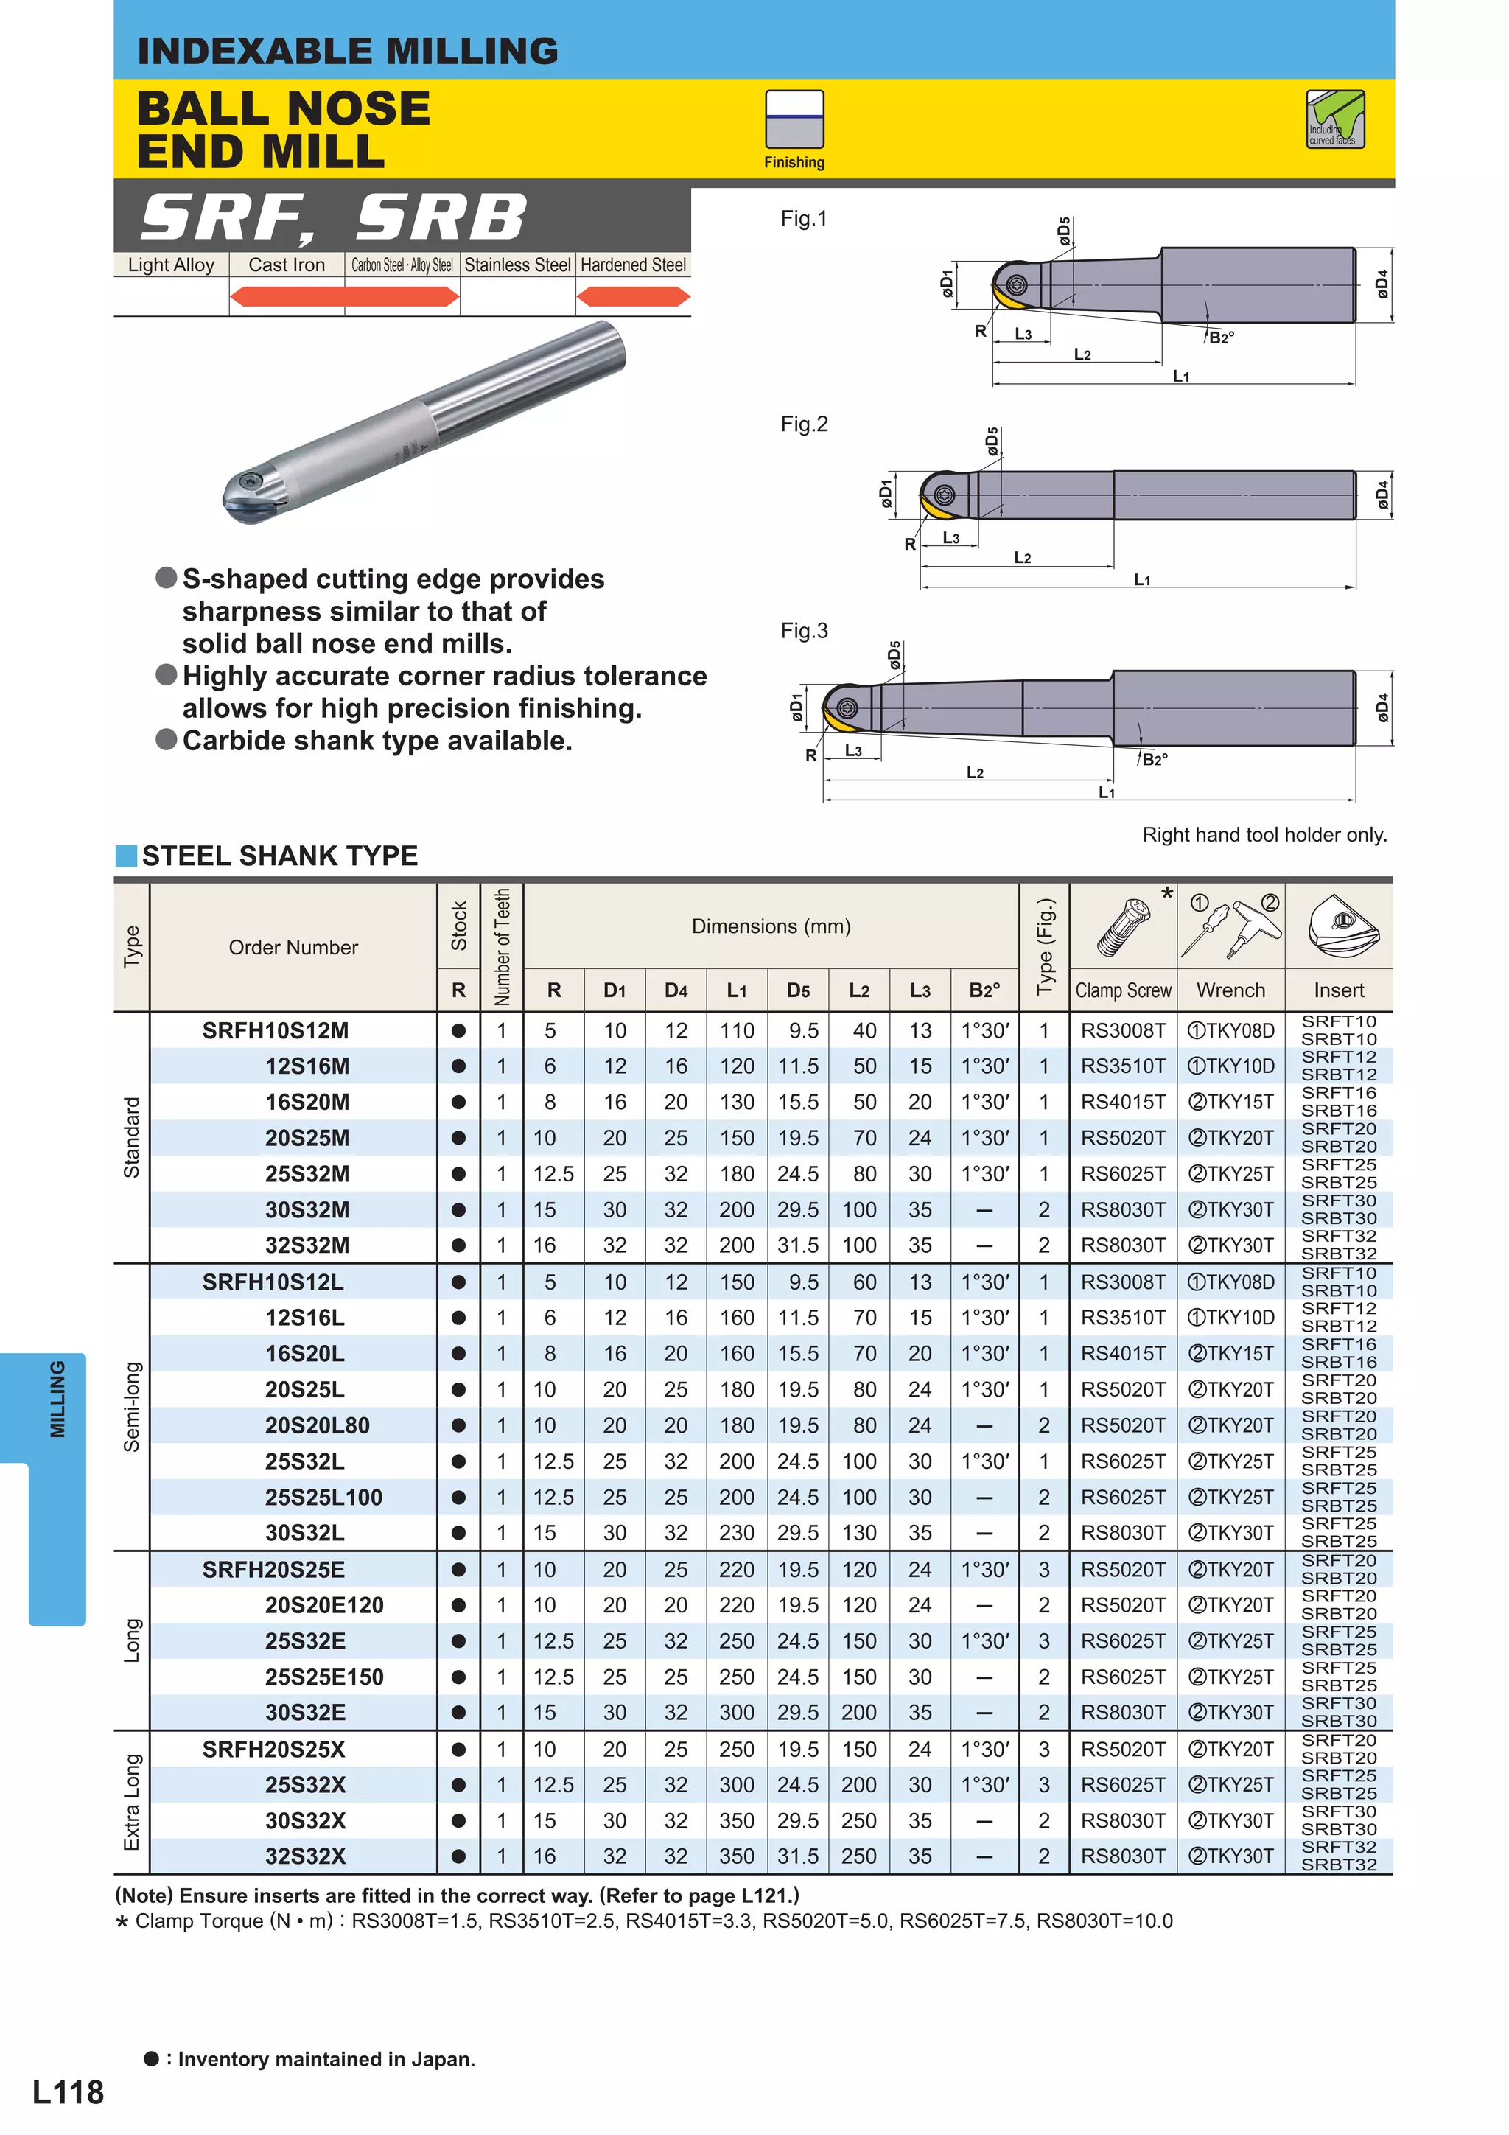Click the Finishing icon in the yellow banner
tap(794, 120)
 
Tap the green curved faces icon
tap(1334, 119)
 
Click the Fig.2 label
tap(803, 424)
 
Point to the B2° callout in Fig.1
tap(1221, 338)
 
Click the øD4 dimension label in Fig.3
tap(1382, 707)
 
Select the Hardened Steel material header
tap(633, 265)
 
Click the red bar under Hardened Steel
tap(633, 297)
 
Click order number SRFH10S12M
tap(276, 1030)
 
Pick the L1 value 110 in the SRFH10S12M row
tap(736, 1030)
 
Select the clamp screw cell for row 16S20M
tap(1122, 1102)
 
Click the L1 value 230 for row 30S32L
tap(736, 1532)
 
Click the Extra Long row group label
tap(132, 1801)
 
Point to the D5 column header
tap(798, 990)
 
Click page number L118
tap(68, 2092)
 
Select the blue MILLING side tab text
tap(57, 1400)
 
